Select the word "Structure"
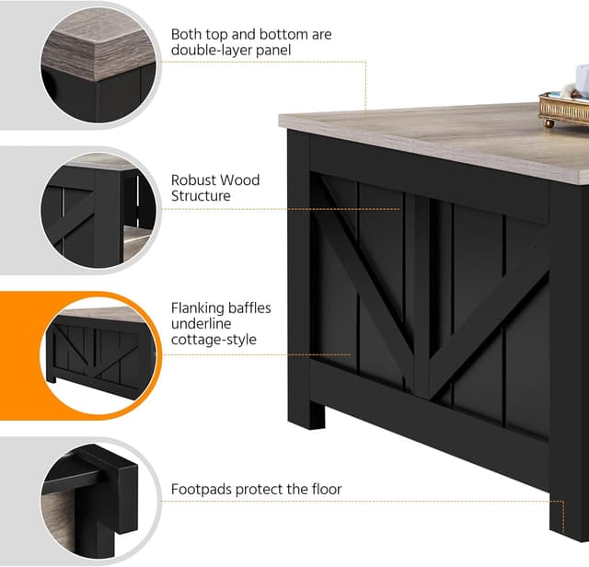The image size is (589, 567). (201, 196)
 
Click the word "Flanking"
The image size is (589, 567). (197, 308)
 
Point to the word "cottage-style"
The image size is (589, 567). (214, 340)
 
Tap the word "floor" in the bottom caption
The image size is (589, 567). (327, 489)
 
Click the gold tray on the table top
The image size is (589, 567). (564, 108)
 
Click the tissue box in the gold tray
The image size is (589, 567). (582, 81)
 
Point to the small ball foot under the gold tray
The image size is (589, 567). (549, 123)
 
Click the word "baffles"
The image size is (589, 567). (249, 308)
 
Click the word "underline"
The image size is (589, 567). (201, 324)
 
